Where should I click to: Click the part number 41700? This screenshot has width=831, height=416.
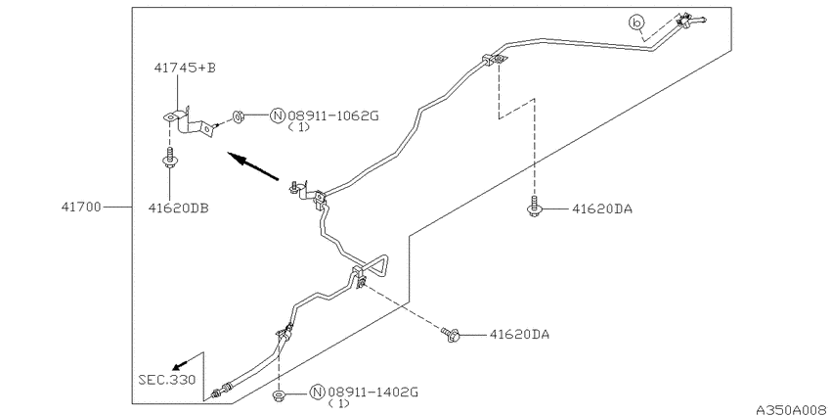click(80, 207)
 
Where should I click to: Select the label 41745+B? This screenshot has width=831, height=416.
click(185, 68)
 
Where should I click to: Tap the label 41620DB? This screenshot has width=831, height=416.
click(178, 208)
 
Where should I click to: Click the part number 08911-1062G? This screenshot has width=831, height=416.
click(333, 116)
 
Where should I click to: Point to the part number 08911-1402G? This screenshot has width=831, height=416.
click(373, 393)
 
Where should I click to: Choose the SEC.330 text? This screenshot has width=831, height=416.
click(167, 380)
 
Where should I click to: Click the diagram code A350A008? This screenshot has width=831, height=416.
click(793, 410)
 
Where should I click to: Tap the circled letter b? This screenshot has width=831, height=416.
click(637, 23)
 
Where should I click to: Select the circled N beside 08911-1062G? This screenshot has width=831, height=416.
click(278, 116)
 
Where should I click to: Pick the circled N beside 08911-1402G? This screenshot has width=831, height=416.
click(318, 393)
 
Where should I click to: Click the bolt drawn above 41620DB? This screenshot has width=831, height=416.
click(168, 159)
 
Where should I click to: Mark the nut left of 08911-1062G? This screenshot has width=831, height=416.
click(238, 116)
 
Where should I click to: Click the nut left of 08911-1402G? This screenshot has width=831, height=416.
click(279, 395)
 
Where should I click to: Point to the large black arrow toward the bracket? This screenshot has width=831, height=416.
click(253, 166)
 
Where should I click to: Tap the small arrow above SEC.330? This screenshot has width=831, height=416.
click(180, 365)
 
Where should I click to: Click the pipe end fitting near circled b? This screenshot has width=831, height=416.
click(689, 22)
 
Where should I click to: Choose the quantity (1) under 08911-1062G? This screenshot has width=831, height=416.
click(299, 128)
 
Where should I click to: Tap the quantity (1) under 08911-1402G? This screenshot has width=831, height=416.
click(338, 404)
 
